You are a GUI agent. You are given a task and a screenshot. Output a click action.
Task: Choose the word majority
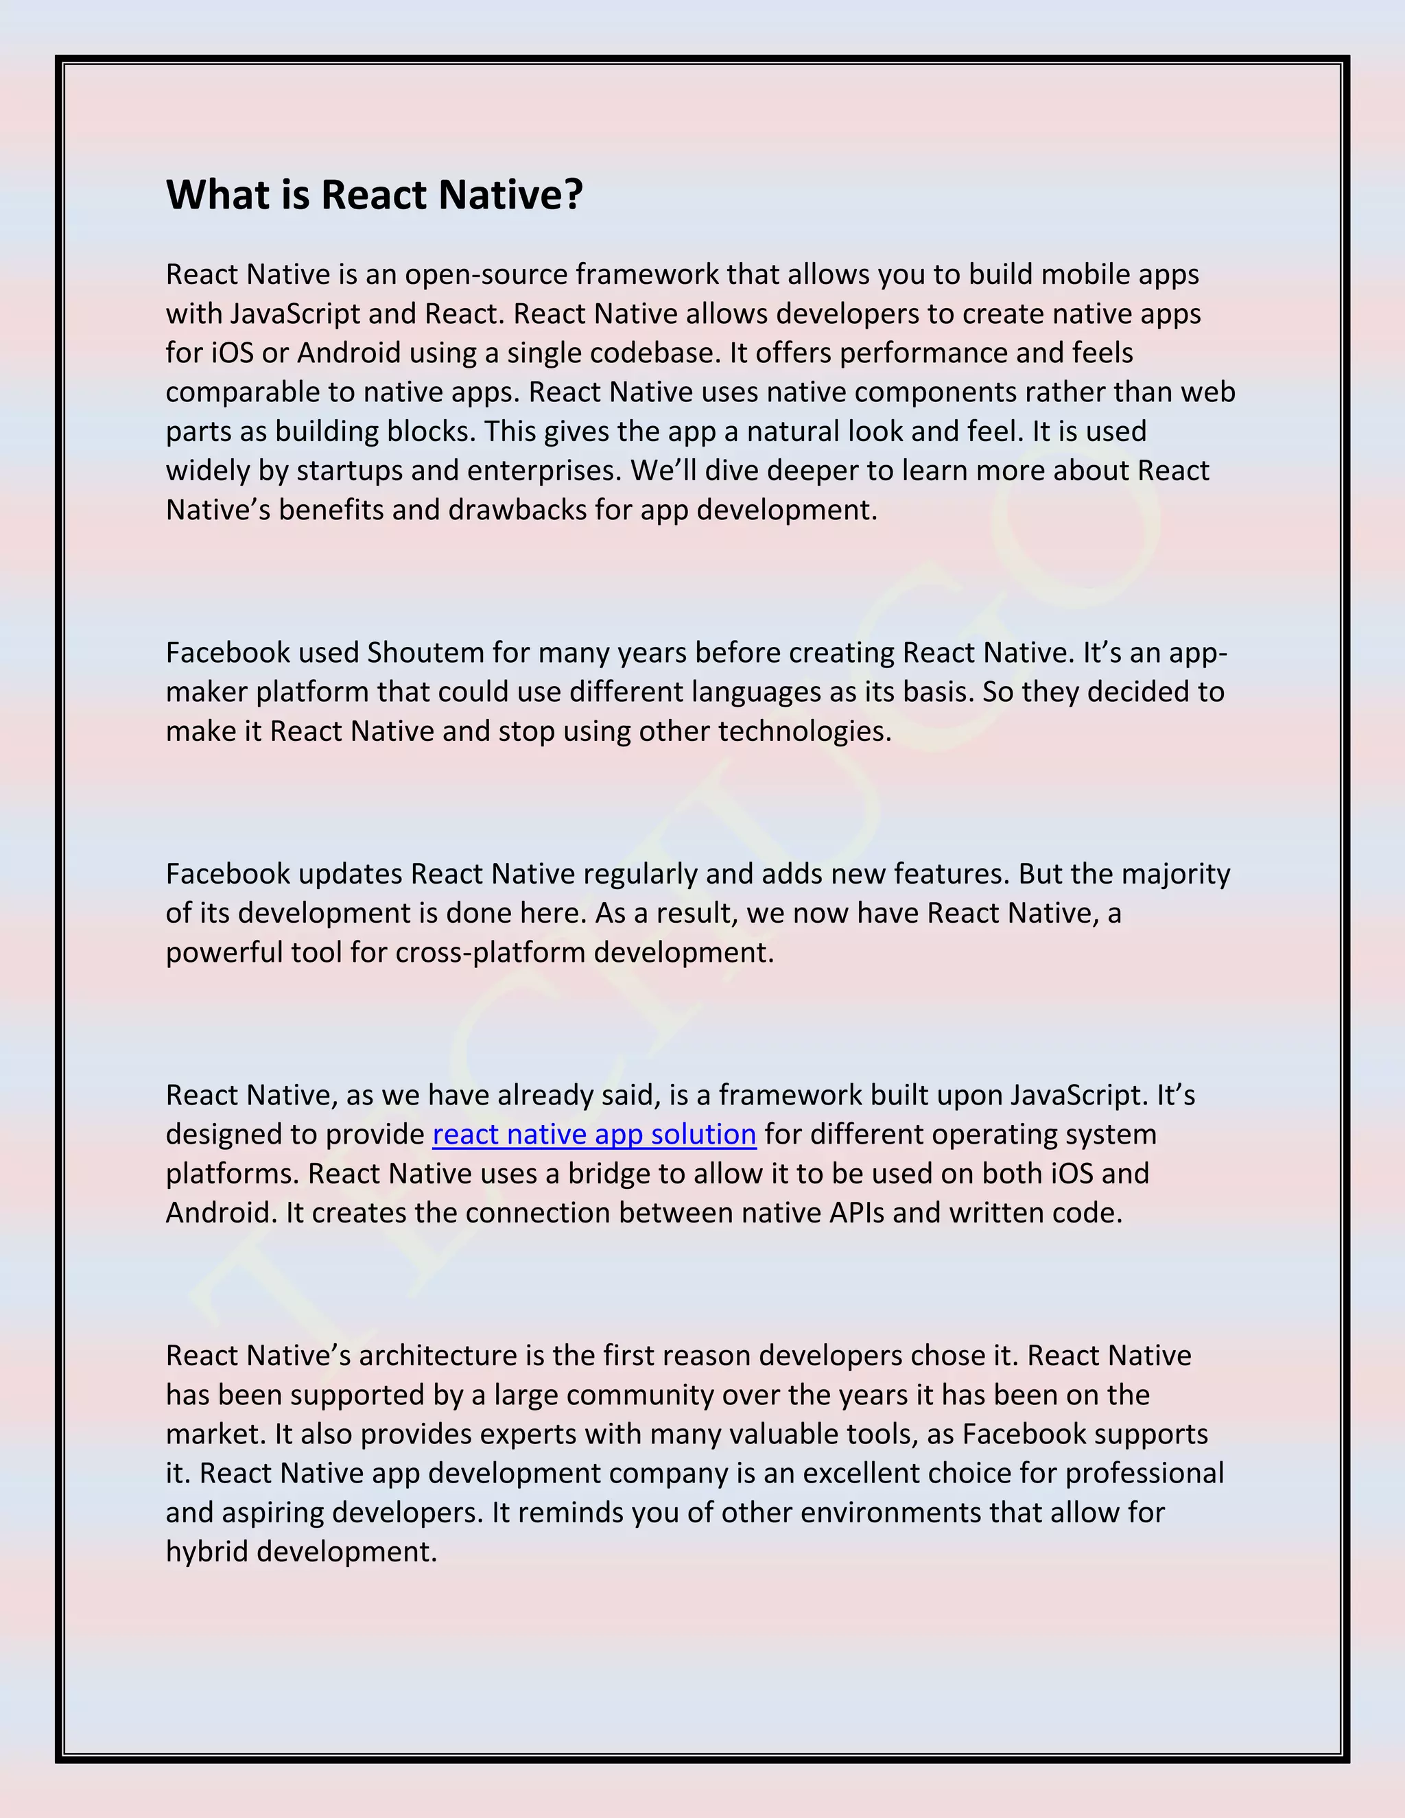[1175, 874]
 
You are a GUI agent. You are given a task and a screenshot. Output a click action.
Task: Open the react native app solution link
[594, 1135]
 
